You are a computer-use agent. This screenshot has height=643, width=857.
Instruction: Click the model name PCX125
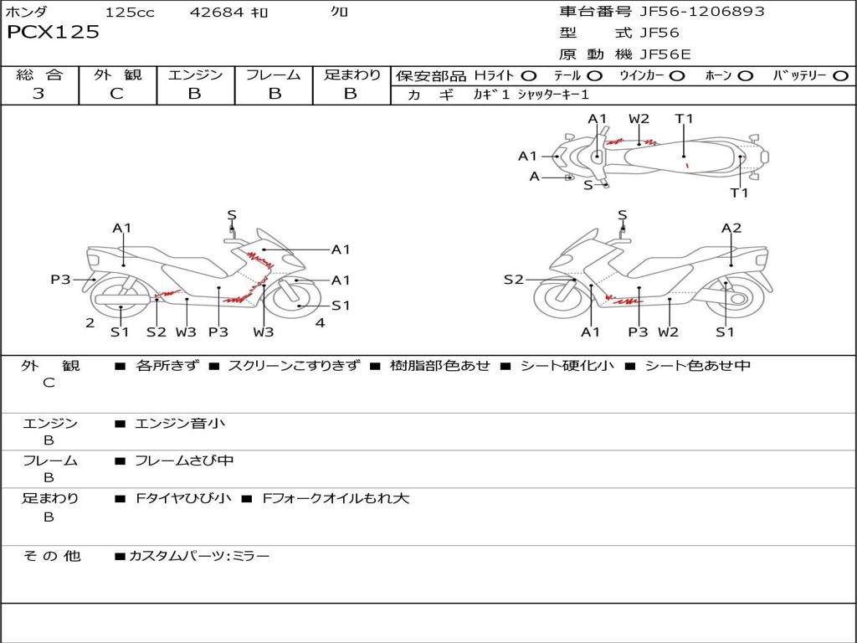pos(53,33)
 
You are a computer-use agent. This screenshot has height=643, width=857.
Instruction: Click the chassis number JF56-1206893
pos(702,12)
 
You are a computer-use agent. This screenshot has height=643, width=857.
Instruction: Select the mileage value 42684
pos(217,12)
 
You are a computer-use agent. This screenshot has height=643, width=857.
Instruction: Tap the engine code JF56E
pos(665,54)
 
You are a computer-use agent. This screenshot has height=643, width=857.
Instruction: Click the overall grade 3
pos(38,94)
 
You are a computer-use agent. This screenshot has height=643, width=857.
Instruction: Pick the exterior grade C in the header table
pos(117,94)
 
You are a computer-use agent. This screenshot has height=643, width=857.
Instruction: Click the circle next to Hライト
pos(529,76)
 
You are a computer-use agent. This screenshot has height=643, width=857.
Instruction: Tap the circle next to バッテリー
pos(840,76)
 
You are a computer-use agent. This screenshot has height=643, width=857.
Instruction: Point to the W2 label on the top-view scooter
pos(639,119)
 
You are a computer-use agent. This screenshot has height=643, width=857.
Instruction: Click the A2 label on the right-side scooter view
pos(731,228)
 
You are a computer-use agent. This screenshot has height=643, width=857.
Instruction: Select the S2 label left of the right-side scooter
pos(514,280)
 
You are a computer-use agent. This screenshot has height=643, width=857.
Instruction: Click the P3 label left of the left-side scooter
pos(60,280)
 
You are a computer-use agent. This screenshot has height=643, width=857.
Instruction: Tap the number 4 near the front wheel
pos(321,322)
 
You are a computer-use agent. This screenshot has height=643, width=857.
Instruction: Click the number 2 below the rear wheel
pos(90,322)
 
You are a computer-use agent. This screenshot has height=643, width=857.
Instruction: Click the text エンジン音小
pos(180,423)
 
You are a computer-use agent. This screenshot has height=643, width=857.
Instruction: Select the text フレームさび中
pos(184,461)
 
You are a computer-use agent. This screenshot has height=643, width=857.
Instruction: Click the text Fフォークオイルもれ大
pos(336,499)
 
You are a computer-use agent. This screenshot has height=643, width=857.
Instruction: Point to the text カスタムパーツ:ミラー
pos(199,557)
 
